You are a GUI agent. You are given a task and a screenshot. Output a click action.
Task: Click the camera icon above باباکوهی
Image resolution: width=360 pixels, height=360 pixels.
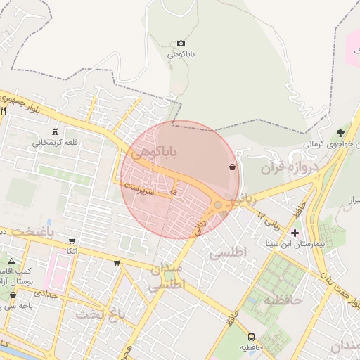(181, 44)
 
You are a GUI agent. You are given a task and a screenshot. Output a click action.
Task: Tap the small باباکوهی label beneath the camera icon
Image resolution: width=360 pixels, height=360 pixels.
(181, 53)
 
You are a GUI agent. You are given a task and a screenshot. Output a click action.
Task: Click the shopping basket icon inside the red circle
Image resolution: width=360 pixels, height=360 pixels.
(232, 167)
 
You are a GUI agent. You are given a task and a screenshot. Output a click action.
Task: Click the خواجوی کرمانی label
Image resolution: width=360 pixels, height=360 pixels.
(326, 143)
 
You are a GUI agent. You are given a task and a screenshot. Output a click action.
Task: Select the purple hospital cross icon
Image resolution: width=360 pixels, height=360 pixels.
(295, 233)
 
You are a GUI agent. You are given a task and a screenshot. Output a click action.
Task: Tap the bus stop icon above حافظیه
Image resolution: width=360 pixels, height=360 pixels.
(251, 337)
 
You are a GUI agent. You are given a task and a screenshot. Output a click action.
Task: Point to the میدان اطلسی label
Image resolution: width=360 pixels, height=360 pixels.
(167, 277)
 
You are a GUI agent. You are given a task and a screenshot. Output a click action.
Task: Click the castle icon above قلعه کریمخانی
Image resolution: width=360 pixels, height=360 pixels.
(55, 131)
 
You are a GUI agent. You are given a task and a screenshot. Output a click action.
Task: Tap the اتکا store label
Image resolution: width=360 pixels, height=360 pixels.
(71, 251)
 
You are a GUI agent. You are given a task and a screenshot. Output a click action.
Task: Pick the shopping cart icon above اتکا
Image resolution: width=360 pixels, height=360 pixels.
(72, 241)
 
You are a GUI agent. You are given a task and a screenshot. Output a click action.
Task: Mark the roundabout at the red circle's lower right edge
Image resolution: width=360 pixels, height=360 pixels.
(219, 205)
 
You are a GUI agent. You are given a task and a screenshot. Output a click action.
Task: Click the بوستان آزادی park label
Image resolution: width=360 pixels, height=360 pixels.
(15, 281)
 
